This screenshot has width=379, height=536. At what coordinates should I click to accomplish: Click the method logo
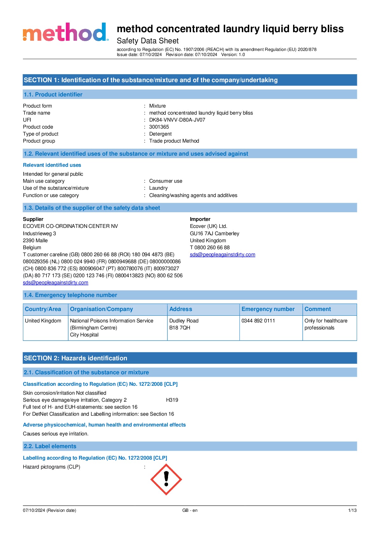[x=65, y=32]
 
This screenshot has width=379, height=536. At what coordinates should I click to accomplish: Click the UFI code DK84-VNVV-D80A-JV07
[x=177, y=120]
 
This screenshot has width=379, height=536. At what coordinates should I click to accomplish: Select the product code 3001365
[x=159, y=127]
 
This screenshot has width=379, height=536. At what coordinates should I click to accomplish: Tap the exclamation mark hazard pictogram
[x=166, y=479]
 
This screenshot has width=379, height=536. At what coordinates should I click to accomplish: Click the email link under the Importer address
[x=222, y=255]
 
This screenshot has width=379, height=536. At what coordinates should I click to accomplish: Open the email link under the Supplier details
[x=56, y=283]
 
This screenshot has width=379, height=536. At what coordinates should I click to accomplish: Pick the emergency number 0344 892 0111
[x=258, y=321]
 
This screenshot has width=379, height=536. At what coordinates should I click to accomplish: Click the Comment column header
[x=318, y=309]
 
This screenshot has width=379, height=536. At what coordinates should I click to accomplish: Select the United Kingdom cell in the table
[x=43, y=321]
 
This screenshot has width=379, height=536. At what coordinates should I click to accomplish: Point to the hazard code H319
[x=172, y=400]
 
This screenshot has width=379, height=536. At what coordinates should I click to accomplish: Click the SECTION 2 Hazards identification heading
[x=75, y=358]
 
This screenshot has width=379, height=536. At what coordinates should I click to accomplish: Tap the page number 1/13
[x=352, y=510]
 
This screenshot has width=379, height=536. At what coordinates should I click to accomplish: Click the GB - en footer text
[x=190, y=510]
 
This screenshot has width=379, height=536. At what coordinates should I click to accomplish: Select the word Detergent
[x=160, y=134]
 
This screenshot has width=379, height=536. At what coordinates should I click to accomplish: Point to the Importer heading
[x=200, y=219]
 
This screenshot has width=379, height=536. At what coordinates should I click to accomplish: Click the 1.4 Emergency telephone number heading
[x=70, y=295]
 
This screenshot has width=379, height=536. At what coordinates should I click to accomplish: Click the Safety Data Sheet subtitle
[x=148, y=41]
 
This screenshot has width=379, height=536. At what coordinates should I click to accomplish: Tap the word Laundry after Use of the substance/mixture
[x=158, y=188]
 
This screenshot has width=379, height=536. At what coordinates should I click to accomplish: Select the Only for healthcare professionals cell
[x=326, y=324]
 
